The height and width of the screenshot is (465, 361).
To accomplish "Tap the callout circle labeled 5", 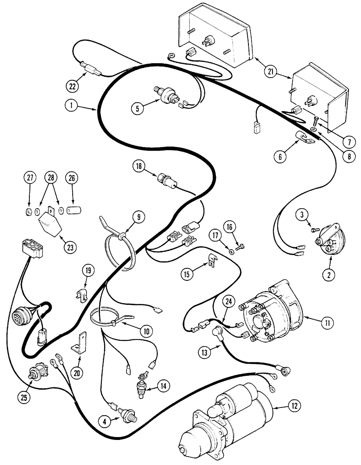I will (137, 109).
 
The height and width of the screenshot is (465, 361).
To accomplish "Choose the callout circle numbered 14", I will (163, 385).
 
